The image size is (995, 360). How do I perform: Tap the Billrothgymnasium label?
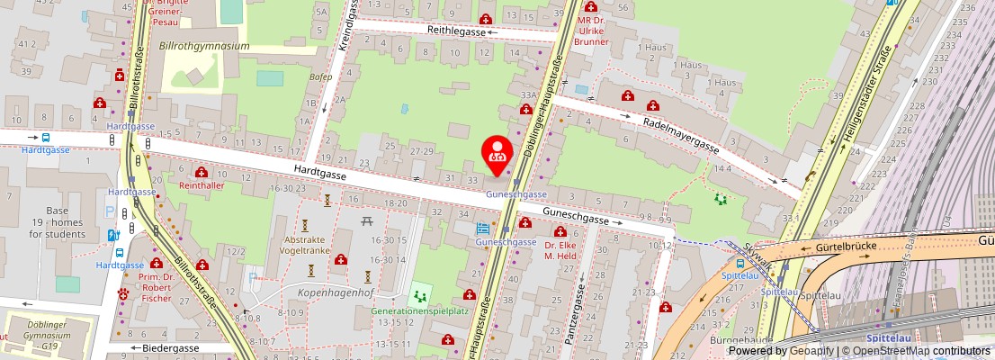tap(203, 46)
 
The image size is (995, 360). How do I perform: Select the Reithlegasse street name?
tap(456, 31)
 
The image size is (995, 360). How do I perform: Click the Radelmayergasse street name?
tap(680, 134)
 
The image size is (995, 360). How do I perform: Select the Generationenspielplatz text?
tap(419, 310)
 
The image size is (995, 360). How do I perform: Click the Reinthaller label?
tap(201, 184)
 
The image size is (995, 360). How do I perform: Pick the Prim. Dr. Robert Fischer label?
tap(156, 290)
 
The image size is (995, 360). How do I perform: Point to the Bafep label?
tap(320, 76)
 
